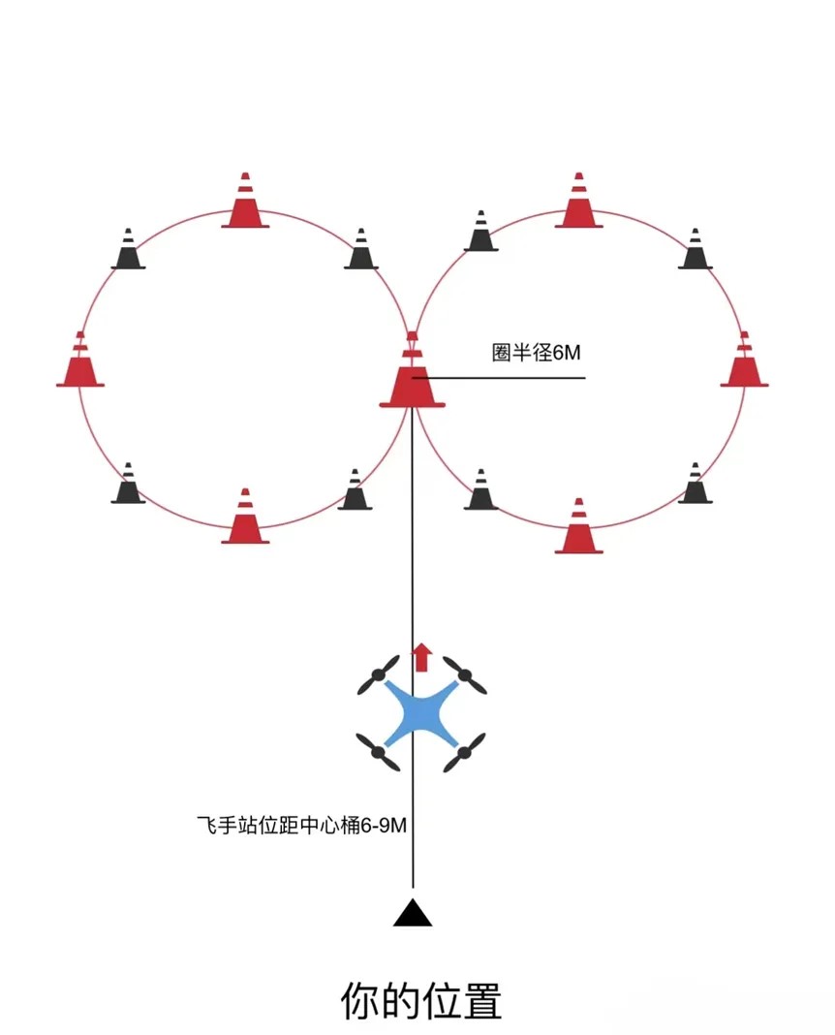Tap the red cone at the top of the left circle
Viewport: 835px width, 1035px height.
(x=245, y=203)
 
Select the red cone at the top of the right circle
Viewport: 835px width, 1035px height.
(x=579, y=203)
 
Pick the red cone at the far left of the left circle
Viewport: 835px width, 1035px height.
(x=79, y=361)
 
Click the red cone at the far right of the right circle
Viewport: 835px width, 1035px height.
(x=744, y=361)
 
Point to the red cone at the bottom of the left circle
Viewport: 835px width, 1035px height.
(x=245, y=518)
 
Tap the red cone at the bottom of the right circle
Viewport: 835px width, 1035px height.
(x=579, y=528)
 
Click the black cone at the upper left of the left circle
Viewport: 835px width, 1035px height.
(x=128, y=251)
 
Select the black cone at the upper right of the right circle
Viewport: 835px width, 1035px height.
(x=695, y=251)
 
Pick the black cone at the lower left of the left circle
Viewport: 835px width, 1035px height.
(x=128, y=486)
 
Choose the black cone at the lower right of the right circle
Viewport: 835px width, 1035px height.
(x=695, y=486)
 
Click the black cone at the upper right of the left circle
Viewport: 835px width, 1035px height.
(x=360, y=251)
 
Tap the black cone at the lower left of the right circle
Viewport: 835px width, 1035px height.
(x=480, y=491)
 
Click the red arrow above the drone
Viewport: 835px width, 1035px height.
(x=421, y=657)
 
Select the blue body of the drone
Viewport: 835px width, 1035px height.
(x=421, y=714)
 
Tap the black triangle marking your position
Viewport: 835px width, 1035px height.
(x=413, y=914)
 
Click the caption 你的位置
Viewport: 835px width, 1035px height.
(x=421, y=1001)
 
